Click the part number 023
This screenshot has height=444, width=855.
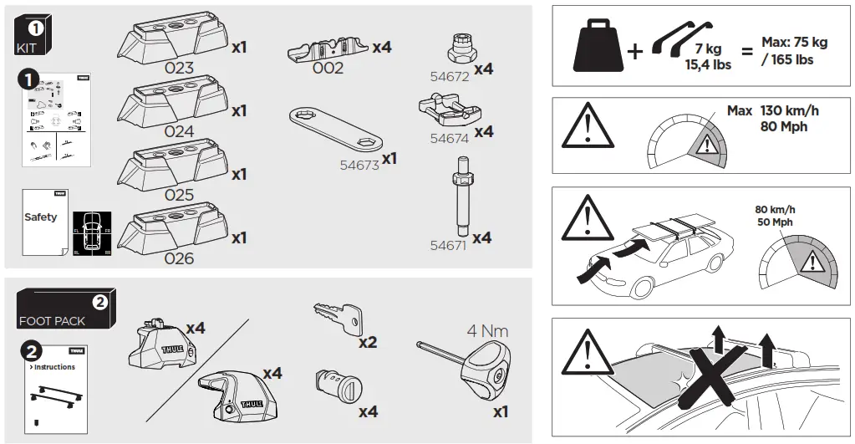pos(179,68)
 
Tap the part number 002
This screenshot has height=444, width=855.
pos(328,69)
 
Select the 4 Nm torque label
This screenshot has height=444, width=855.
pos(487,330)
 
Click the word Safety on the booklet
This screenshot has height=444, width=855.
pos(40,217)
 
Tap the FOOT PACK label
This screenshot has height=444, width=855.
pos(52,321)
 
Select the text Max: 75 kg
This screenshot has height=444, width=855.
pos(794,42)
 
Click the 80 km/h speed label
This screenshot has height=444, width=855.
pos(774,209)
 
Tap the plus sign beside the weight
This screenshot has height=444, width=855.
pos(635,52)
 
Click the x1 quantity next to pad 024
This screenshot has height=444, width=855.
pos(239,110)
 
